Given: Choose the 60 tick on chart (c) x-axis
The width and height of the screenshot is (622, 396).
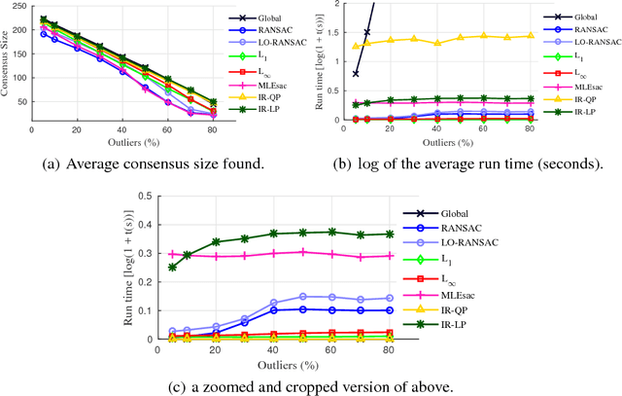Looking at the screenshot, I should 331,349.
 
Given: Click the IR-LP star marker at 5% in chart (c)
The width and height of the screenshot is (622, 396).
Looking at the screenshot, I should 172,267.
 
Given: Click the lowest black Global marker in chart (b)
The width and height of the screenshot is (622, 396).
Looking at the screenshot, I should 355,74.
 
